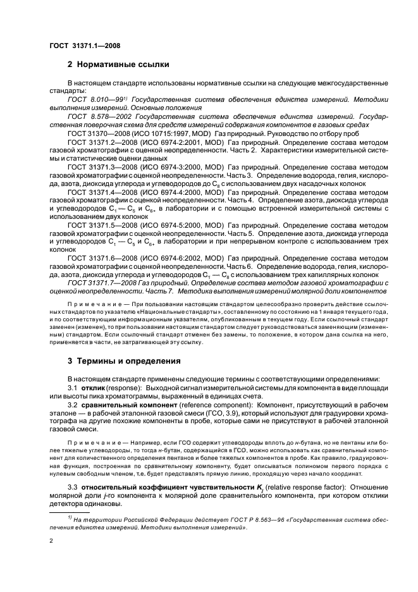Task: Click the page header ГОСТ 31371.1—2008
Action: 85,46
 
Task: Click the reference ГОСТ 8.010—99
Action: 95,99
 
